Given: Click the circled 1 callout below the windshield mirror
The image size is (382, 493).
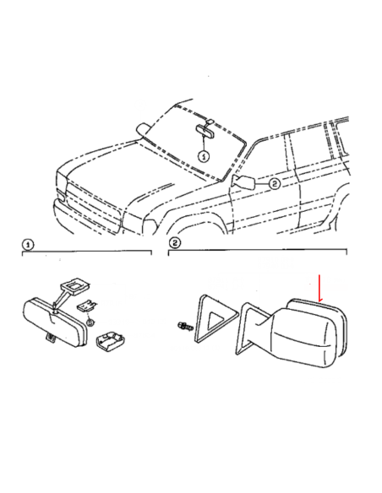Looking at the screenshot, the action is click(x=204, y=156).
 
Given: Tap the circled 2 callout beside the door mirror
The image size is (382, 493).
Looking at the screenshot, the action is click(x=275, y=184).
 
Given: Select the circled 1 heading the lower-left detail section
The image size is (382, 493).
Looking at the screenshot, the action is click(x=28, y=245).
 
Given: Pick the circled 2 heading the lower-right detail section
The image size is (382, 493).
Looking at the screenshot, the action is click(x=175, y=243).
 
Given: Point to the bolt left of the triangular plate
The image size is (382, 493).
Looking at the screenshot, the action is click(x=185, y=326).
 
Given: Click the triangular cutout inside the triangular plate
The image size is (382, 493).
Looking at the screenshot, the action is click(x=217, y=322).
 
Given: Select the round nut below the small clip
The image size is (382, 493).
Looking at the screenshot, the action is click(x=90, y=322).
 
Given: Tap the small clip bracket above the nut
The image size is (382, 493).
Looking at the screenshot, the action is click(x=86, y=306).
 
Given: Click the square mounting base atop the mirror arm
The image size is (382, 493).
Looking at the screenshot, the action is click(x=75, y=285).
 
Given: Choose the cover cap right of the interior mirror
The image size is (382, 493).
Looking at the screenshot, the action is click(x=110, y=341).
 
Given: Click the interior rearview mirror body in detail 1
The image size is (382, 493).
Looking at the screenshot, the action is click(x=54, y=322).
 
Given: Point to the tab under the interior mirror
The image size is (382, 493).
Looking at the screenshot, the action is click(x=51, y=338).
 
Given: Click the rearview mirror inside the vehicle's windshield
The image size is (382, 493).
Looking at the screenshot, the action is click(x=205, y=131).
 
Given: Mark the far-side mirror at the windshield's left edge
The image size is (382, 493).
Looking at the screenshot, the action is click(x=144, y=129).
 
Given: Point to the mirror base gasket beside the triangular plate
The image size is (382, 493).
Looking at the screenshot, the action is click(x=251, y=328).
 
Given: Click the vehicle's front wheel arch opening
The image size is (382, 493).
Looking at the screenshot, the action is click(x=196, y=224).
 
